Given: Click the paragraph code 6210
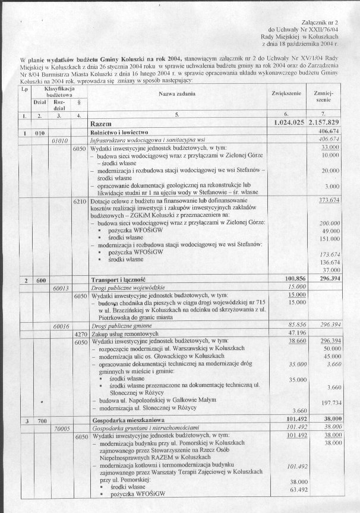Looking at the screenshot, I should tap(80, 200).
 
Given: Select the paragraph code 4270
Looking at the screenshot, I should tap(80, 333).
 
